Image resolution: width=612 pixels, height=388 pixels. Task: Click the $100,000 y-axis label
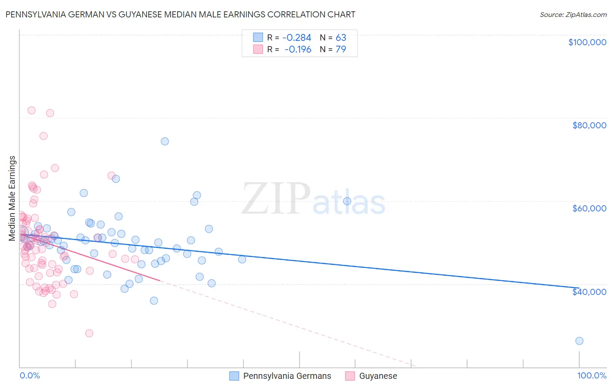click(587, 42)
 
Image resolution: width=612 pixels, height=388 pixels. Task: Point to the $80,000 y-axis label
click(589, 125)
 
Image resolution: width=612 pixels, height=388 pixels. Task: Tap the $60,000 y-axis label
click(589, 208)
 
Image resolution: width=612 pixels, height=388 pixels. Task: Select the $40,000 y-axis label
click(589, 291)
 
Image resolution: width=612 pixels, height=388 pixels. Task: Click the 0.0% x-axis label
click(30, 375)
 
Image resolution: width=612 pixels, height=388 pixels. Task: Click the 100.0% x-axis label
click(592, 375)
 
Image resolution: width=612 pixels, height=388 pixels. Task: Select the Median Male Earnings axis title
click(12, 198)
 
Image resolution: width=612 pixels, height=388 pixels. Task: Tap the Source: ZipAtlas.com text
click(573, 14)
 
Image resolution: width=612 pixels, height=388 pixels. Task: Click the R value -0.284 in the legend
click(297, 38)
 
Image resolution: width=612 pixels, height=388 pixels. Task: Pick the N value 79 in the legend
click(341, 50)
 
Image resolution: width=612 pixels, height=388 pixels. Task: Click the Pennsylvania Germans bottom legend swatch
click(234, 376)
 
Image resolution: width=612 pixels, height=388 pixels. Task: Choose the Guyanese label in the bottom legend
click(378, 376)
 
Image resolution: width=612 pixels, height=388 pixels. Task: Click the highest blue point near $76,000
click(165, 141)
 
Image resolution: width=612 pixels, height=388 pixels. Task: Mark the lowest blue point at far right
click(579, 341)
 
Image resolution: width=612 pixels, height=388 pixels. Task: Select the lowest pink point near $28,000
click(89, 333)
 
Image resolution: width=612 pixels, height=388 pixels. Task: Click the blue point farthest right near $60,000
click(347, 201)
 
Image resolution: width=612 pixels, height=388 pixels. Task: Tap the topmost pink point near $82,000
click(31, 110)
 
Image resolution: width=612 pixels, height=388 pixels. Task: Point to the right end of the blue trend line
click(578, 288)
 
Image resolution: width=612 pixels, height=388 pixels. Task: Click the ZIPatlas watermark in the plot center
click(313, 199)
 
